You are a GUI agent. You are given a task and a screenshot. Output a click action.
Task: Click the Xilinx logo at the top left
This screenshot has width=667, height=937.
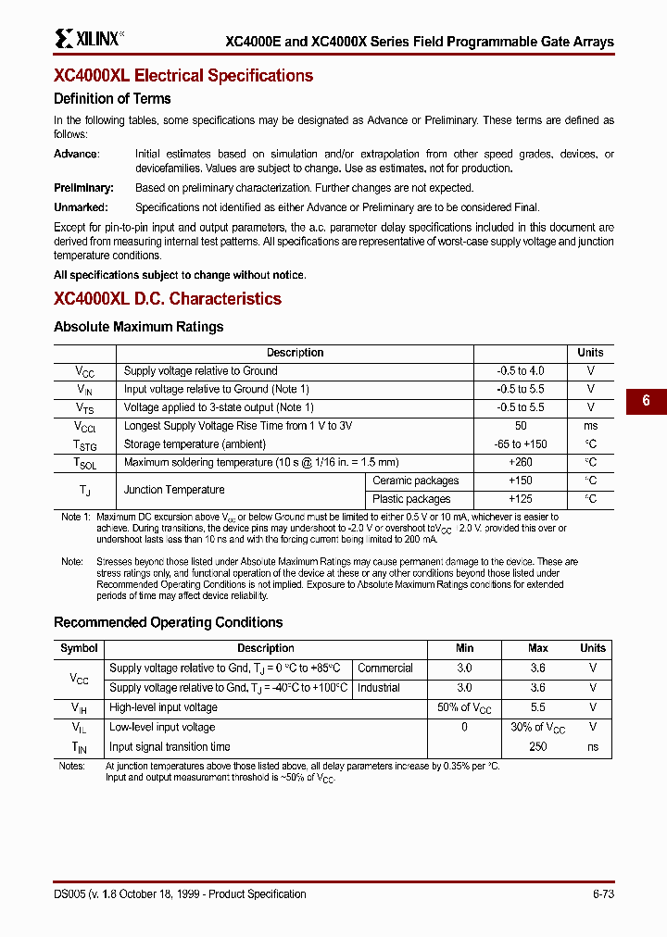pyautogui.click(x=88, y=38)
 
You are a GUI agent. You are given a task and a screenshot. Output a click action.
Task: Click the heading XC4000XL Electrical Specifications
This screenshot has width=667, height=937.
pyautogui.click(x=183, y=76)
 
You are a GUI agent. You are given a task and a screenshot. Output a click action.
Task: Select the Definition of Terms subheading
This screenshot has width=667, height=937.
pyautogui.click(x=112, y=99)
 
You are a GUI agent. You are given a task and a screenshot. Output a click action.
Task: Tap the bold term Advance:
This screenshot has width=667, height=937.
pyautogui.click(x=77, y=155)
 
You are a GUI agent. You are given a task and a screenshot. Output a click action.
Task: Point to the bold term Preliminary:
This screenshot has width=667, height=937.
pyautogui.click(x=83, y=188)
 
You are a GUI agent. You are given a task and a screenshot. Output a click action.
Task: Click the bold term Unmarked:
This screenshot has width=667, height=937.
pyautogui.click(x=81, y=208)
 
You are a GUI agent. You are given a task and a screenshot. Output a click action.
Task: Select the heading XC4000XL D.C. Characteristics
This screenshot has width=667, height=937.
pyautogui.click(x=168, y=299)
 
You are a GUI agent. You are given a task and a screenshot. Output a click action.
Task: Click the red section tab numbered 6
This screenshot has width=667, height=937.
pyautogui.click(x=646, y=401)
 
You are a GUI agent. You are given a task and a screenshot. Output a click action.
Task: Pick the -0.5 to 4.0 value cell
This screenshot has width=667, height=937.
pyautogui.click(x=520, y=371)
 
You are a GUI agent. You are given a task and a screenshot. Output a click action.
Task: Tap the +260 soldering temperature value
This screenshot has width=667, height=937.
pyautogui.click(x=520, y=462)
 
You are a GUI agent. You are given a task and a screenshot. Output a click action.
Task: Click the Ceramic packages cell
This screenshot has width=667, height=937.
pyautogui.click(x=415, y=481)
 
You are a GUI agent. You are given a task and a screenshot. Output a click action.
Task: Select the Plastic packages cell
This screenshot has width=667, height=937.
pyautogui.click(x=411, y=499)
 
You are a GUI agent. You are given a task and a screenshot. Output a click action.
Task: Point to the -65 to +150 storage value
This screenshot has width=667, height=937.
pyautogui.click(x=520, y=444)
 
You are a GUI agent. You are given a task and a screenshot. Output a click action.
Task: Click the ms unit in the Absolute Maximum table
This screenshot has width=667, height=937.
pyautogui.click(x=590, y=426)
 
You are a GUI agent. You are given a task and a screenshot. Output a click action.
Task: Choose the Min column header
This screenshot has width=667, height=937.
pyautogui.click(x=464, y=648)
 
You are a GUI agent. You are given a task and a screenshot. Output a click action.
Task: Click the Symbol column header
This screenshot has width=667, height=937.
pyautogui.click(x=79, y=648)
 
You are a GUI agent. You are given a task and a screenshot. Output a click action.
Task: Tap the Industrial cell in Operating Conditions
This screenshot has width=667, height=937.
pyautogui.click(x=378, y=688)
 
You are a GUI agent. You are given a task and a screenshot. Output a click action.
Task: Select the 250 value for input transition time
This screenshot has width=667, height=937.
pyautogui.click(x=537, y=747)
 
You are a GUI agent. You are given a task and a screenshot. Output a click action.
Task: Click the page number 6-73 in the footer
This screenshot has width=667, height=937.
pyautogui.click(x=598, y=894)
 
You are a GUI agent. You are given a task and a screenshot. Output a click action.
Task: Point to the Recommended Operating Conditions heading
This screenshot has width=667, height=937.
pyautogui.click(x=168, y=622)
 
